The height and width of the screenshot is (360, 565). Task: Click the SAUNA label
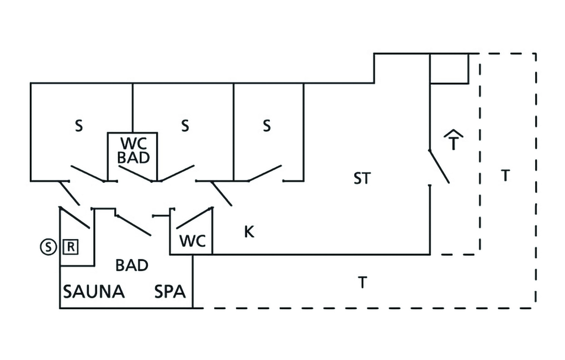tap(94, 292)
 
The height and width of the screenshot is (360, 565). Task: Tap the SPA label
tap(170, 292)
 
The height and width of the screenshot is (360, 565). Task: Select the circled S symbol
tap(48, 247)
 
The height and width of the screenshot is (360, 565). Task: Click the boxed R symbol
tap(71, 247)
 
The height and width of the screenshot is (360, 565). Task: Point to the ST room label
tap(363, 178)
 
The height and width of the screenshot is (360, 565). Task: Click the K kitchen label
tap(249, 232)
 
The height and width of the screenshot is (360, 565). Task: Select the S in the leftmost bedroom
tap(79, 126)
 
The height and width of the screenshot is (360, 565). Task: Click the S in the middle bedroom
tap(185, 126)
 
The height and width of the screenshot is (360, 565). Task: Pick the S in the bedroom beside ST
tap(266, 126)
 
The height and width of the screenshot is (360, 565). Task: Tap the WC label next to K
tap(193, 241)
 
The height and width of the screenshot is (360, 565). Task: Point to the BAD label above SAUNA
tap(132, 265)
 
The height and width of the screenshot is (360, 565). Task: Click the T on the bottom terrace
tap(362, 283)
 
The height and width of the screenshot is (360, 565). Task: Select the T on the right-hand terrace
tap(505, 176)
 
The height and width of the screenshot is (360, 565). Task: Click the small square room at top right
tap(449, 68)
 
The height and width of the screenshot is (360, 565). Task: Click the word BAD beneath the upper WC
tap(134, 158)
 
